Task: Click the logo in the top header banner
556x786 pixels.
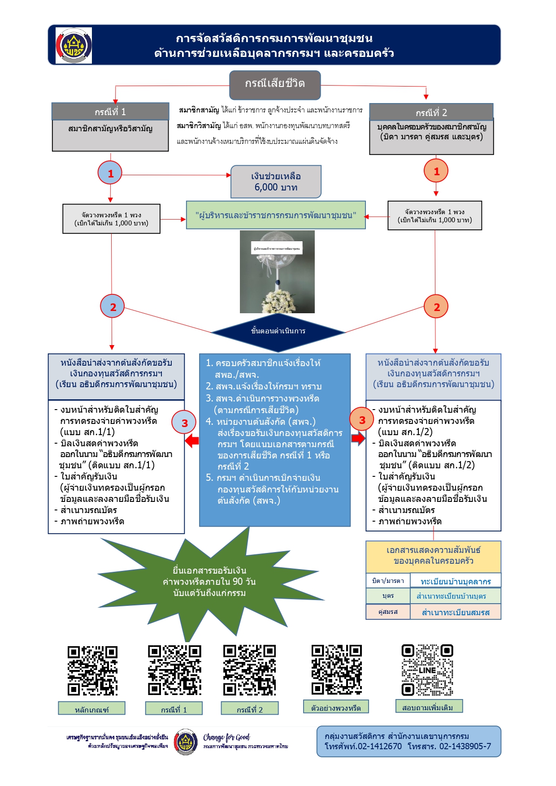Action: tap(74, 45)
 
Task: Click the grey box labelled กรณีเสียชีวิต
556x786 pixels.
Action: tap(275, 85)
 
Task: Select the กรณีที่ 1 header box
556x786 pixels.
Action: tap(110, 112)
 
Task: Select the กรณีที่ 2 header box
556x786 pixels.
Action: tap(431, 112)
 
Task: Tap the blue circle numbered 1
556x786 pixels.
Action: tap(110, 173)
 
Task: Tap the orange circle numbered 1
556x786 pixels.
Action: tap(436, 171)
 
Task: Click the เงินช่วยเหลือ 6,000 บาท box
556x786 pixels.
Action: tap(276, 181)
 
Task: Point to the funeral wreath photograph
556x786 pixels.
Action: tap(277, 272)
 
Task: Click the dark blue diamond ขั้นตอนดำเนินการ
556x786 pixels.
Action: tap(278, 332)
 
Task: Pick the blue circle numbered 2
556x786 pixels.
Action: tap(113, 307)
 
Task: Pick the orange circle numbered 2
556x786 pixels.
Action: tap(436, 307)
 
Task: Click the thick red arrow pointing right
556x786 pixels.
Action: tap(358, 438)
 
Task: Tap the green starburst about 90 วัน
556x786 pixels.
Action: tap(209, 582)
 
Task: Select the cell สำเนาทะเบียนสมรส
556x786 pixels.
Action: tap(456, 612)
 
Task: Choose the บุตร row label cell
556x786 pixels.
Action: tap(388, 596)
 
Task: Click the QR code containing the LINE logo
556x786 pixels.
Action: tap(427, 670)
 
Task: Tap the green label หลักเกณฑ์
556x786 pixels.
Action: tap(91, 708)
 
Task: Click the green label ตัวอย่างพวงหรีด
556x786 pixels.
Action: tap(336, 707)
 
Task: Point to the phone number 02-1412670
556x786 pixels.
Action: tap(379, 747)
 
